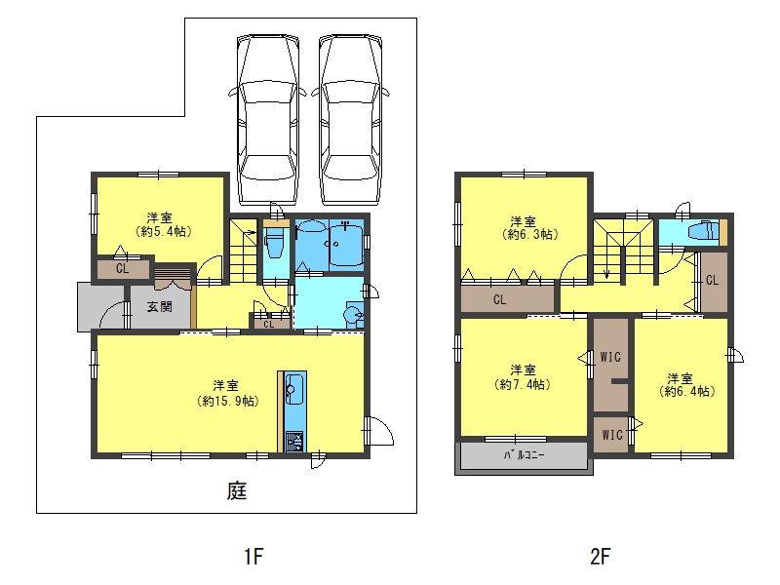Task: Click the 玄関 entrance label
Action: click(x=159, y=307)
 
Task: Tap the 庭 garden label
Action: click(x=237, y=491)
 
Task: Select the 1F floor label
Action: click(x=253, y=556)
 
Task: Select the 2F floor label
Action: click(x=600, y=556)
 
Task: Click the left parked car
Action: click(x=268, y=119)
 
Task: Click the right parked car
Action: click(x=351, y=119)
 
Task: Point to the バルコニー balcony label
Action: click(x=524, y=454)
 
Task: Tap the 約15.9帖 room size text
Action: click(x=228, y=401)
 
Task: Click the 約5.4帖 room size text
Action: click(x=163, y=231)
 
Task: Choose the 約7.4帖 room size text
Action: click(x=523, y=384)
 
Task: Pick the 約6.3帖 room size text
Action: click(x=530, y=234)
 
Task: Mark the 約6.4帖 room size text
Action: click(x=687, y=392)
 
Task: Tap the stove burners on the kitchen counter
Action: click(x=294, y=442)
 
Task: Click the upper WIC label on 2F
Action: click(x=610, y=357)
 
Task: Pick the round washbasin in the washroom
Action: click(x=353, y=315)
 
